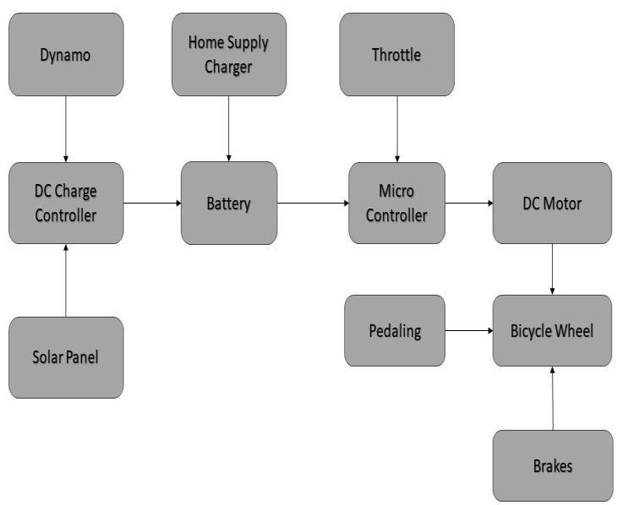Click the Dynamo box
pos(66,55)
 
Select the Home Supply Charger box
pos(228,55)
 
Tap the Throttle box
pos(396,55)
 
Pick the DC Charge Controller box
pos(66,203)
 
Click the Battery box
pos(228,203)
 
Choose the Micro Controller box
pos(396,203)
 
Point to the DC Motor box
pos(552,203)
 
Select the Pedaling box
pos(394,330)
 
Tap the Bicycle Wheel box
pos(552,330)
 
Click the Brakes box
pos(552,465)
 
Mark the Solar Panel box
pos(66,356)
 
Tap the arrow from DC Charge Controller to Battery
pos(152,203)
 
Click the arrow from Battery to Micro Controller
pos(313,203)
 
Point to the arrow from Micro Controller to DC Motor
pos(469,203)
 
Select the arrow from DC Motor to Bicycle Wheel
pos(552,269)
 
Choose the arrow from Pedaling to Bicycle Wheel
pos(469,330)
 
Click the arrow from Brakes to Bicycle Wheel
pos(552,398)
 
